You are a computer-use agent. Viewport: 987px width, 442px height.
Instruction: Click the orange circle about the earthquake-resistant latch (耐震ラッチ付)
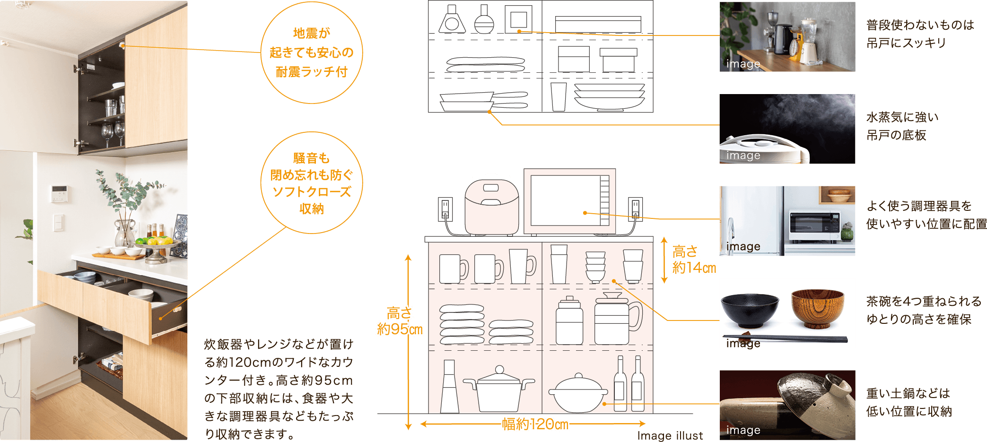311,52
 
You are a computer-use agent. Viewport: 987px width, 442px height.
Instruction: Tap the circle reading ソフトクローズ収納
311,183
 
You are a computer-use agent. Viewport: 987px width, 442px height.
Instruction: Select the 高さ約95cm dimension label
400,321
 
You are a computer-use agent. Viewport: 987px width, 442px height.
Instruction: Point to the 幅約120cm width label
535,424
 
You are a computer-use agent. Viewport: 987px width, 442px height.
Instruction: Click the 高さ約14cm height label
693,260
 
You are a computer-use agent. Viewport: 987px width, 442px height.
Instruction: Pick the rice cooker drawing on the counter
491,205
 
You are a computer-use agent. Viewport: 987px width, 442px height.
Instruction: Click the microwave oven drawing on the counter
569,201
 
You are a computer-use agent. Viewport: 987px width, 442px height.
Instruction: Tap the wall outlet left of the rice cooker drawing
445,208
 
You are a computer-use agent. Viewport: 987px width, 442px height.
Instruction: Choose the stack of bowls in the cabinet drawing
595,267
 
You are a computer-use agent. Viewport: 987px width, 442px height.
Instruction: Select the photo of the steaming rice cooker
787,129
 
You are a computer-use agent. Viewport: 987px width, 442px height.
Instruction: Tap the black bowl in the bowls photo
750,310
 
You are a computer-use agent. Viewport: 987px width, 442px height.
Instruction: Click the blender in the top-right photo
810,40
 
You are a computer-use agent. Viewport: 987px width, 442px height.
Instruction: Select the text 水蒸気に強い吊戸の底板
902,126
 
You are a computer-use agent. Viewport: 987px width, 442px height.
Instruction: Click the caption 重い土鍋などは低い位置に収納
908,402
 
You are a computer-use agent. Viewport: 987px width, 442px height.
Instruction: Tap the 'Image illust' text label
669,435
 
